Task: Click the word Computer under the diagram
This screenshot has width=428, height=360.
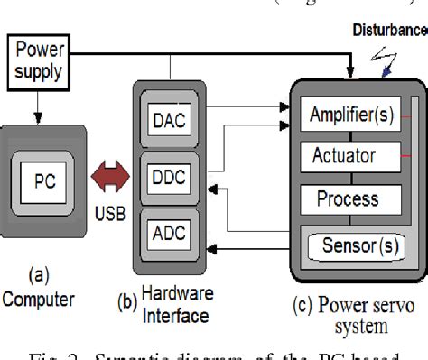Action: tap(38, 298)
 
